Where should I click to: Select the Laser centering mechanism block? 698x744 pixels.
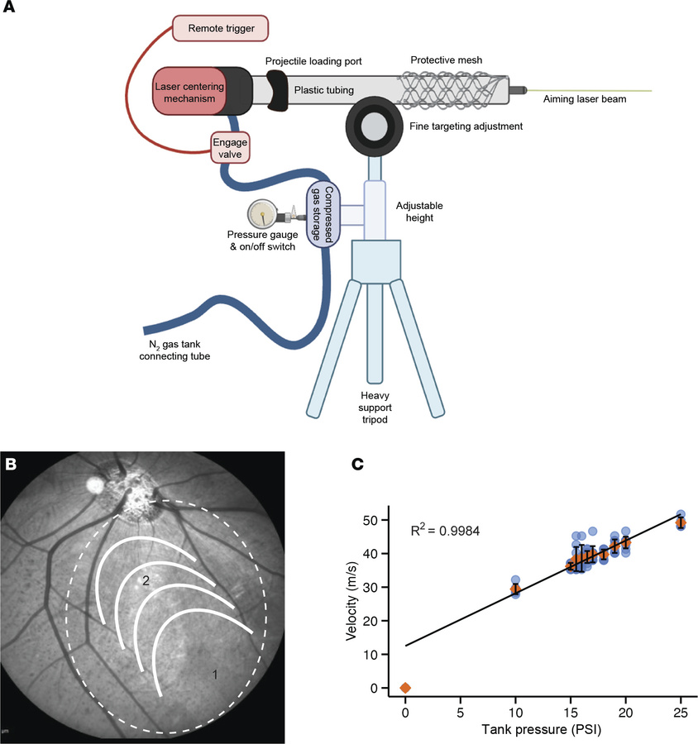tap(188, 92)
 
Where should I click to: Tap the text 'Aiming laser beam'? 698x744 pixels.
tap(584, 100)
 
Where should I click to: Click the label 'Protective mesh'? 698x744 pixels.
tap(447, 60)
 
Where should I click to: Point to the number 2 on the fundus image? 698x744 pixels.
tap(145, 582)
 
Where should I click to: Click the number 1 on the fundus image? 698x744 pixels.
tap(215, 675)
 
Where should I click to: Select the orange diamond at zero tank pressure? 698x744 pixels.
tap(405, 688)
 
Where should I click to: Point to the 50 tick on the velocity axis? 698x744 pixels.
tap(377, 520)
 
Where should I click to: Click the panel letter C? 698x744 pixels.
tap(358, 465)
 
